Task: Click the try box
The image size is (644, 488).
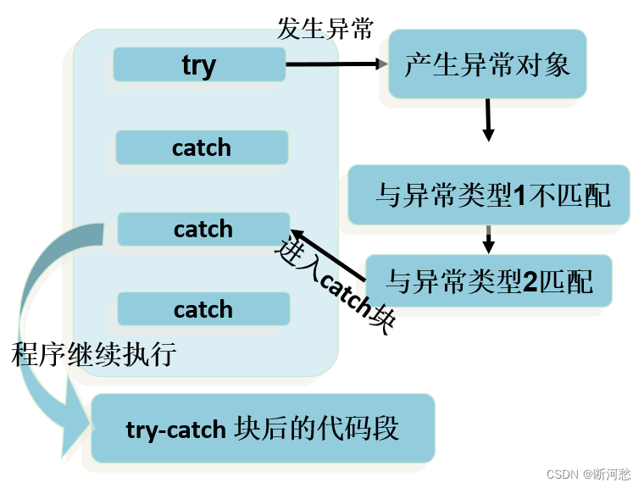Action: click(x=199, y=64)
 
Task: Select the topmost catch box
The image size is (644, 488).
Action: click(x=202, y=147)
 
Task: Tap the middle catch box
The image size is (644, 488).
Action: click(x=203, y=230)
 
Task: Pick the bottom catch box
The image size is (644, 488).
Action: click(x=203, y=309)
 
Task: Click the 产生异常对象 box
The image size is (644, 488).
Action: click(x=487, y=64)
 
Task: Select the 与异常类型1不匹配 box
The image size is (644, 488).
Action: click(x=489, y=195)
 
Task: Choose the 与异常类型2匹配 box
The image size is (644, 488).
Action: click(x=489, y=281)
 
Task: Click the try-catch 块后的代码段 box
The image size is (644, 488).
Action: click(x=263, y=428)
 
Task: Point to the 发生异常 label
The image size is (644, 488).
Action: click(x=325, y=29)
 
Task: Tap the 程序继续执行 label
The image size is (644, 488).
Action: click(x=94, y=354)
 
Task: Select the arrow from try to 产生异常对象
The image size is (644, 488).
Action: click(x=336, y=64)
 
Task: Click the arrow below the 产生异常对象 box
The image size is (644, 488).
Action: click(x=488, y=120)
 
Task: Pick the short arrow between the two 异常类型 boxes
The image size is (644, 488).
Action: click(x=488, y=240)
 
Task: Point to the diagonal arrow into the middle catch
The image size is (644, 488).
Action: click(x=328, y=255)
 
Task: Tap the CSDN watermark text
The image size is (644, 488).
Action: click(x=588, y=474)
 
